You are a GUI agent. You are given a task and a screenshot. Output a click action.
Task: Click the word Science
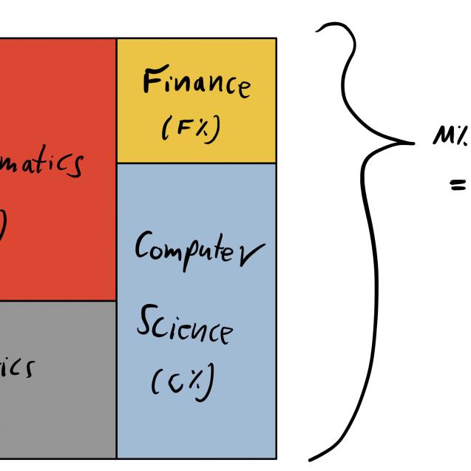184,327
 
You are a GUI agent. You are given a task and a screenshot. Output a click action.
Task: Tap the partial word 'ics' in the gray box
16,367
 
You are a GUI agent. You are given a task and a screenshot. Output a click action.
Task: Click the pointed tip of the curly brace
412,142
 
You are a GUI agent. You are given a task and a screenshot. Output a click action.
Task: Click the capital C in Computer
143,246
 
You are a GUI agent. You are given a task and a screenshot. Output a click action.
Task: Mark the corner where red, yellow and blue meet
116,163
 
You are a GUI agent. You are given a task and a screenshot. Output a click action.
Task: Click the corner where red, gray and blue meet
116,300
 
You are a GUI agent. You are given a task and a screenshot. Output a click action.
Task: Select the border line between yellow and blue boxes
196,163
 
